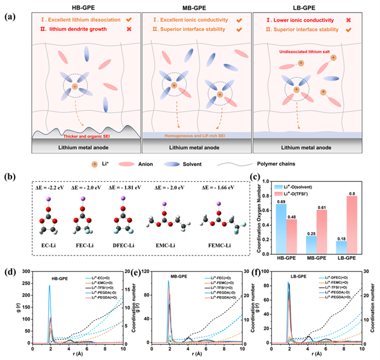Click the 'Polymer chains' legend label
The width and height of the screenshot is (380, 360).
pos(288,162)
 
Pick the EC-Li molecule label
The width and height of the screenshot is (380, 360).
pos(48,243)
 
